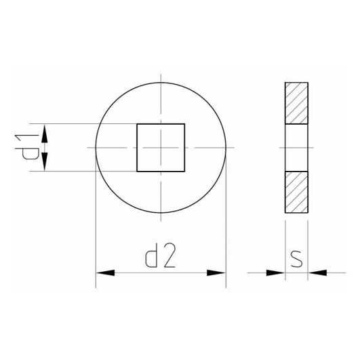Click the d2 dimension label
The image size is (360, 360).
click(161, 256)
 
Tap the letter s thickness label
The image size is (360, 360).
click(296, 259)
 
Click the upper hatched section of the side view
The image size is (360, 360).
click(296, 103)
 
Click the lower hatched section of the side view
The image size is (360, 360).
click(296, 192)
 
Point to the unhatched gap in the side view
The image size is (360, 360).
click(296, 148)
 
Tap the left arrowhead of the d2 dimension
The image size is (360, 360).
click(105, 273)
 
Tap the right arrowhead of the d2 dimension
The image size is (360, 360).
click(216, 273)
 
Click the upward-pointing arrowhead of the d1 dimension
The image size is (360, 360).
click(45, 134)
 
